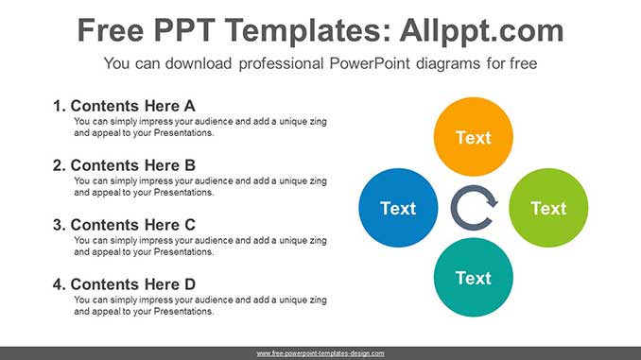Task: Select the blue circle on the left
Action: [x=398, y=208]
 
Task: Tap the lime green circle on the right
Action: [x=548, y=208]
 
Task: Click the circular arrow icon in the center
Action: [x=473, y=209]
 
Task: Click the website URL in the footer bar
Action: [x=320, y=352]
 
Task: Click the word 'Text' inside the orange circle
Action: [x=473, y=138]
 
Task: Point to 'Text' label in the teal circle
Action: [x=473, y=278]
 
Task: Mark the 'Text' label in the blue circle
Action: [x=398, y=208]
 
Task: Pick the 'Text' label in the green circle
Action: [x=548, y=208]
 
